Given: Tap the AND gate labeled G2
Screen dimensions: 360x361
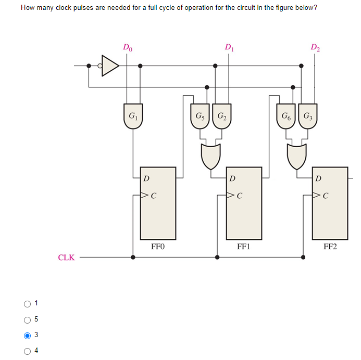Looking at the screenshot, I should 222,117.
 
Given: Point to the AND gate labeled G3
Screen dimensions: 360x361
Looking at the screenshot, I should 308,117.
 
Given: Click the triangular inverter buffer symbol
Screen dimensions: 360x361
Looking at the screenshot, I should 110,66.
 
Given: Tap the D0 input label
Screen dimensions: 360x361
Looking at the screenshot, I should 128,48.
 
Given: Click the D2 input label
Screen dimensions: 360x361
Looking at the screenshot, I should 316,48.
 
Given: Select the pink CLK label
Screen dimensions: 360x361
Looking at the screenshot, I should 66,258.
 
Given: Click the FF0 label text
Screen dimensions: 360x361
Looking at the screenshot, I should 158,247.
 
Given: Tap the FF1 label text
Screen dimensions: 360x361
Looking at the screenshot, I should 244,247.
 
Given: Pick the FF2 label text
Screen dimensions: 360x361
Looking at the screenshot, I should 330,247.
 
